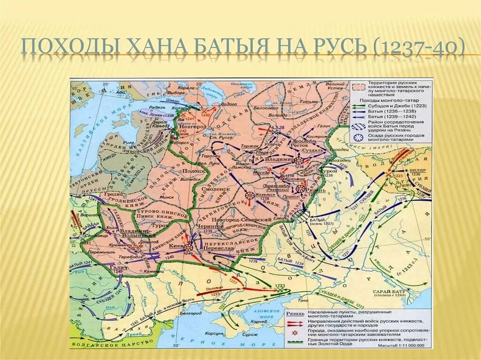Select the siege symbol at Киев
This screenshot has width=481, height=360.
(188, 247)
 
